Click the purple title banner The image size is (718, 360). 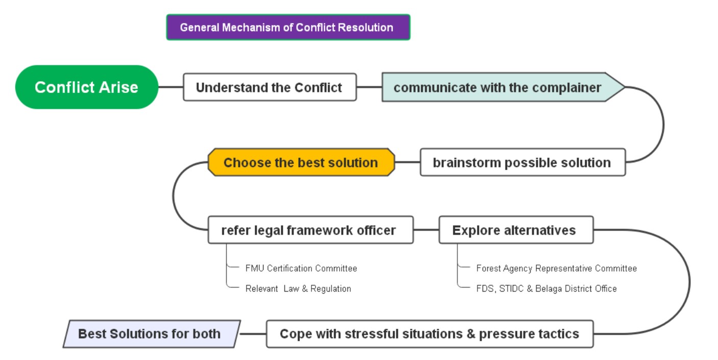(x=288, y=27)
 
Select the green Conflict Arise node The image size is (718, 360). (x=86, y=87)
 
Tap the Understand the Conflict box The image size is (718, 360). (x=270, y=87)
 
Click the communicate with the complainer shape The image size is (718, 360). (x=503, y=87)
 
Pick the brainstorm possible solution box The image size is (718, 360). (x=523, y=162)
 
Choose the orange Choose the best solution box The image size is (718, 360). (x=301, y=162)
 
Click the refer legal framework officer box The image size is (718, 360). (x=310, y=230)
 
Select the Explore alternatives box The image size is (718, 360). (x=516, y=230)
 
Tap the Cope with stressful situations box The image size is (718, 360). (x=430, y=334)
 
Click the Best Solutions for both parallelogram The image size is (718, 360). (x=152, y=334)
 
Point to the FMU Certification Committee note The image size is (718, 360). (x=301, y=268)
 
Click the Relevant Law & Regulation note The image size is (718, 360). (x=298, y=289)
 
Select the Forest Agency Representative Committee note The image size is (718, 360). (x=557, y=268)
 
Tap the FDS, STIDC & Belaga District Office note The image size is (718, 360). (x=546, y=289)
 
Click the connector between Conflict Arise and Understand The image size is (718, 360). (x=171, y=87)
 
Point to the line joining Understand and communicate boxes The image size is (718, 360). (x=369, y=87)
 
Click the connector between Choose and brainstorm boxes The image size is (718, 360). (x=408, y=162)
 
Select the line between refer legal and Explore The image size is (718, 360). (x=426, y=230)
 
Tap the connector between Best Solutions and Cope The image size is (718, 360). (x=253, y=334)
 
